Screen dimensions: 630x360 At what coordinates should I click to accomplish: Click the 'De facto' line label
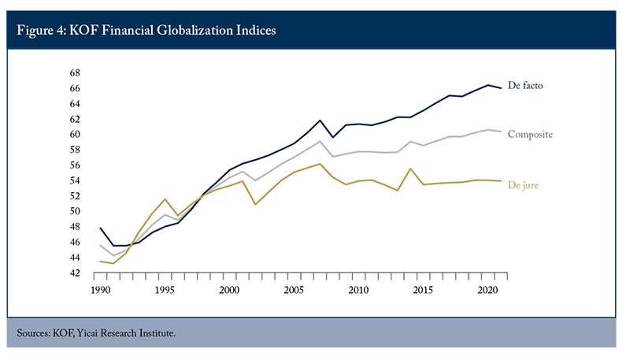pos(525,85)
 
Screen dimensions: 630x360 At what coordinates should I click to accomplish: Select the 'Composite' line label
pos(530,134)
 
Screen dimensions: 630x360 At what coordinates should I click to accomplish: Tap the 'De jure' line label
pos(523,185)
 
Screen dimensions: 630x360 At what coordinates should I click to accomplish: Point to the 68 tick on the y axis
pos(75,72)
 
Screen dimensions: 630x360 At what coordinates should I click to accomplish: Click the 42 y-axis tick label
pos(75,273)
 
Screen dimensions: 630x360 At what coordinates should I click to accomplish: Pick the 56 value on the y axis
pos(75,165)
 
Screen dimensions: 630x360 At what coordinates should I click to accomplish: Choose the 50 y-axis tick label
pos(75,211)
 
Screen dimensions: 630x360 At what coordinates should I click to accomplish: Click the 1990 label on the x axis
pos(101,290)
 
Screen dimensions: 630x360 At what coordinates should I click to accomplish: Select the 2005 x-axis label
pos(294,290)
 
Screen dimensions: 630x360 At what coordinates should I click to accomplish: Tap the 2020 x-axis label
pos(487,290)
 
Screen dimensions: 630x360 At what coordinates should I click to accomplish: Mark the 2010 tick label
pos(358,290)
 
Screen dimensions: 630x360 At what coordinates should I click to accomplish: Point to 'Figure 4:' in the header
pos(42,31)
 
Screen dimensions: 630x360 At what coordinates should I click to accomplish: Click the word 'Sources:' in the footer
pos(33,333)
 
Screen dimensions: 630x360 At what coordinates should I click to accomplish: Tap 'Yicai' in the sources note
pos(87,333)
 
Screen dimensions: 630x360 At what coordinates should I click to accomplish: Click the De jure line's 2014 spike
pos(410,169)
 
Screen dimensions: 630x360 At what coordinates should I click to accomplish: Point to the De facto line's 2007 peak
pos(320,121)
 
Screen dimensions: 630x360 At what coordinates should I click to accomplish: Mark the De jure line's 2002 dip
pos(255,205)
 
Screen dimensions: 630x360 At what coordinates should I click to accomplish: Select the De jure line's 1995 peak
pos(165,199)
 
